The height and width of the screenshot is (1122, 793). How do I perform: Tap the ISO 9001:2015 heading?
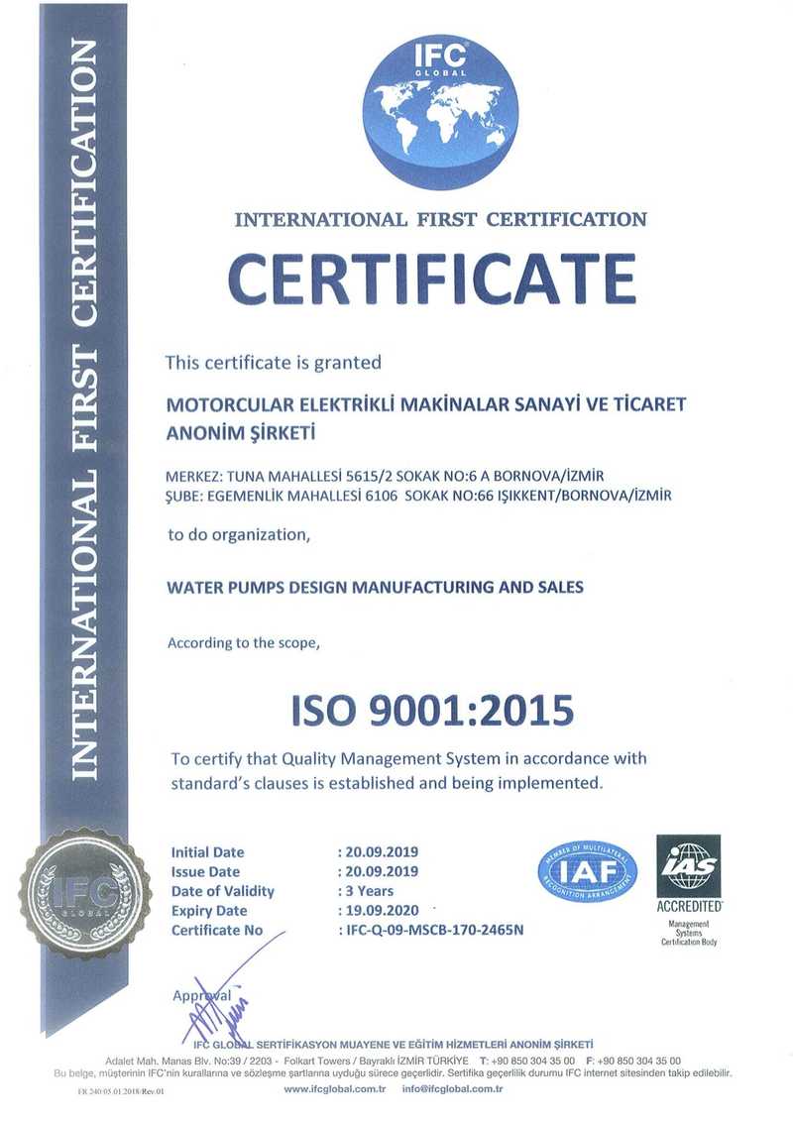coord(432,709)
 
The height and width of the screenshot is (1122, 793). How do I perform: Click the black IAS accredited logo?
coord(689,872)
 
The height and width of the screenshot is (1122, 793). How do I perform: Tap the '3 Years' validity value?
coord(368,891)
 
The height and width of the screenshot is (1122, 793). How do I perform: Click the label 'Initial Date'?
coord(207,852)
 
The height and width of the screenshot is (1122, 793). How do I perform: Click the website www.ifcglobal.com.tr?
coord(335,1089)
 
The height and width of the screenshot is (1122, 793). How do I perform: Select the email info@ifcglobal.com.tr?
coord(454,1089)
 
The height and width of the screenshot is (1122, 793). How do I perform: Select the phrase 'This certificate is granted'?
coord(273,363)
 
